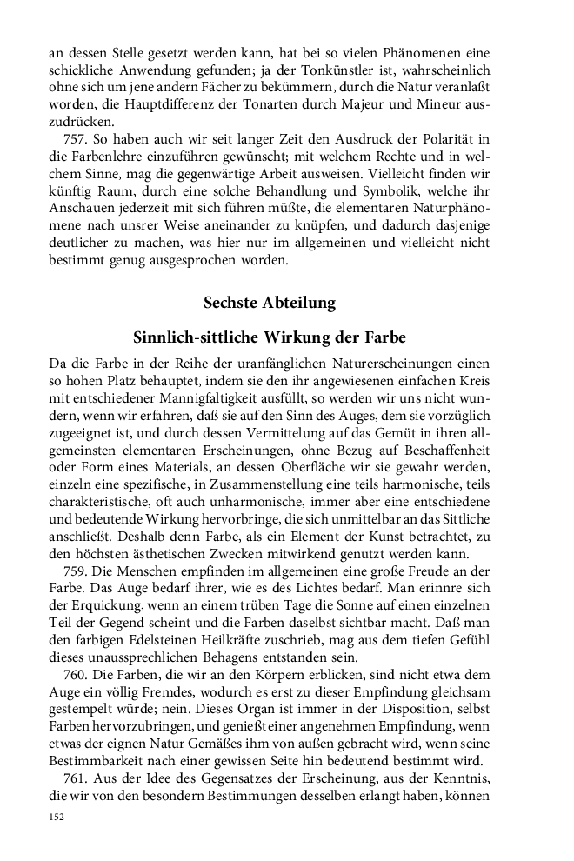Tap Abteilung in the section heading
tap(302, 304)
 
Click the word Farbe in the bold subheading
tap(384, 337)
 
